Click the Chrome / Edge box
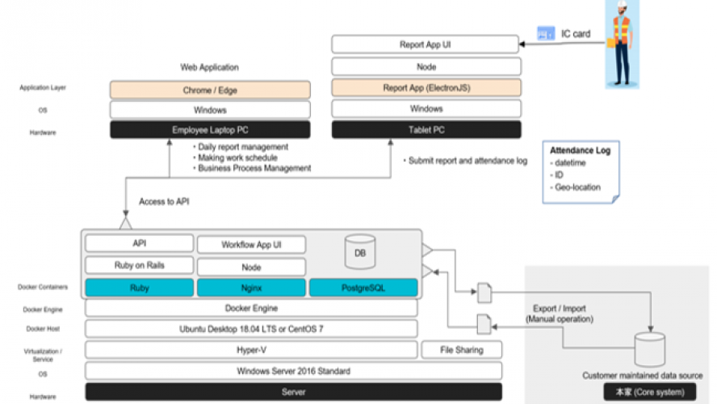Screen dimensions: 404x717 click(210, 90)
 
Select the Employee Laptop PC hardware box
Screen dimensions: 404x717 click(210, 130)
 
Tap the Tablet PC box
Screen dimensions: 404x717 click(426, 130)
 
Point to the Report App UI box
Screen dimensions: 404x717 click(426, 45)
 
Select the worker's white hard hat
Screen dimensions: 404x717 click(622, 6)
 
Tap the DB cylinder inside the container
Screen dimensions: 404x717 click(359, 251)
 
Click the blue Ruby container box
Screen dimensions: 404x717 click(140, 288)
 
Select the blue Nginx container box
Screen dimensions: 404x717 click(252, 288)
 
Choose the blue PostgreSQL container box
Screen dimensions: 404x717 click(363, 288)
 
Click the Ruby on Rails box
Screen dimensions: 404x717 click(140, 265)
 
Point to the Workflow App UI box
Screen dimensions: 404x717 click(252, 244)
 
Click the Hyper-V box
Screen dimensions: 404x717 click(252, 350)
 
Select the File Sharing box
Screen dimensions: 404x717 click(462, 350)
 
